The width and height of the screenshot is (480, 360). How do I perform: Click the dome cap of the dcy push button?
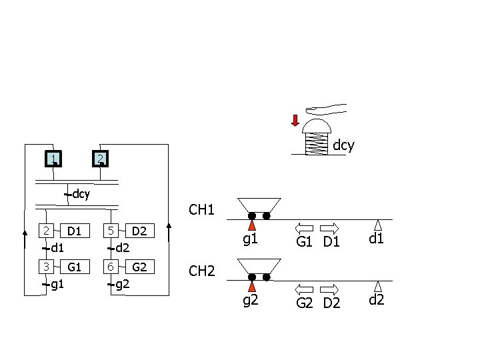point(317,127)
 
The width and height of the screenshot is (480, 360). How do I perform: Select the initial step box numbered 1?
point(53,159)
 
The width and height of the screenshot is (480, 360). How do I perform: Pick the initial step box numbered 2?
point(99,159)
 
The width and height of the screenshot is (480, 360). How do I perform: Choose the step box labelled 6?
point(111,267)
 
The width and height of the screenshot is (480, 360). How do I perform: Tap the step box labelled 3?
point(46,267)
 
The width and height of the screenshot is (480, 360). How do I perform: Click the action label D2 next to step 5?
point(139,231)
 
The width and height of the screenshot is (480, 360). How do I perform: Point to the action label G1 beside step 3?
point(74,267)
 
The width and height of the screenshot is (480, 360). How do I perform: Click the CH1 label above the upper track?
point(202,211)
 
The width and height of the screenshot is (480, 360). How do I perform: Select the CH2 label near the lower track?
point(202,271)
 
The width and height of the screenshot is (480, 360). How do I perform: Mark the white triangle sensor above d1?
point(378,225)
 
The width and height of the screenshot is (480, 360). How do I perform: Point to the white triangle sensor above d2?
point(378,287)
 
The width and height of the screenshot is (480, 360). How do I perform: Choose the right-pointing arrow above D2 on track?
point(330,289)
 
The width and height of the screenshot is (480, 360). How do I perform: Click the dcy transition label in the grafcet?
point(81,195)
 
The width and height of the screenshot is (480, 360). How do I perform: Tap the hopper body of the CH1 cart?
point(259,205)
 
